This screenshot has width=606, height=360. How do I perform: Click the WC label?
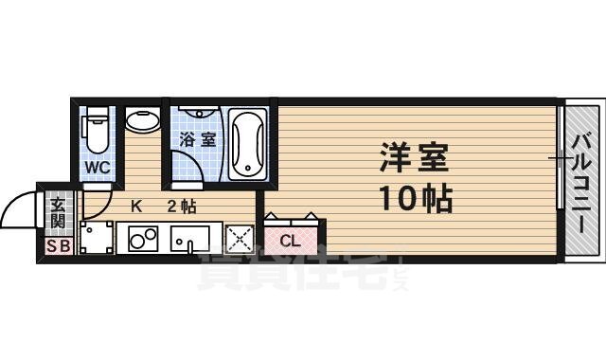point(98,168)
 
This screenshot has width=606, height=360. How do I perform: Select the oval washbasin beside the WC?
point(142,122)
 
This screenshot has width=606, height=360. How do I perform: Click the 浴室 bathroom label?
point(198,139)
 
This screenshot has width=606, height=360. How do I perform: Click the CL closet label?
point(291,241)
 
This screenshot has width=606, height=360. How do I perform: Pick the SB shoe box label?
point(58,248)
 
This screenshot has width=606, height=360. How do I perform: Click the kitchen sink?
point(194,239)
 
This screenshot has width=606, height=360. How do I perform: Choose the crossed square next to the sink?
point(239,239)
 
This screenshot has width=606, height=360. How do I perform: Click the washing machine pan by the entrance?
point(95,238)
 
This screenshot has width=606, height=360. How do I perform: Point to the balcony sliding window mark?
point(559,156)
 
